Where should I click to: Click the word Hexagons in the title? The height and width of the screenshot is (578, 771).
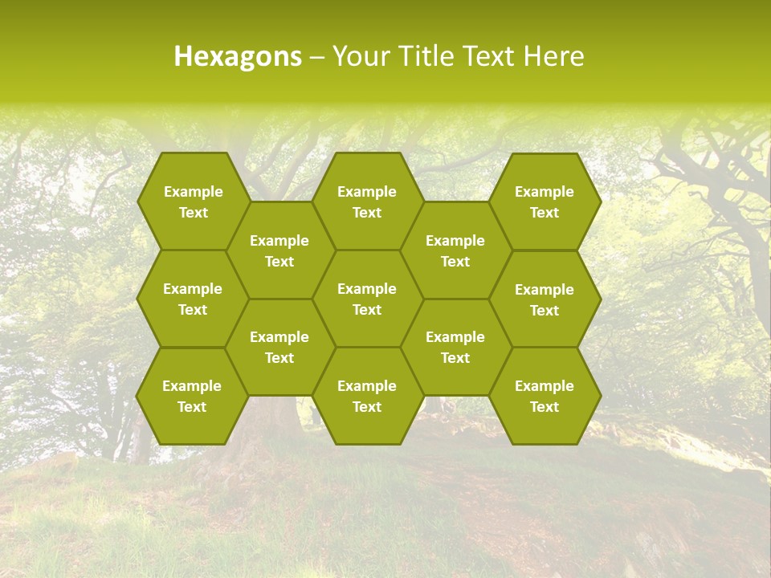point(238,56)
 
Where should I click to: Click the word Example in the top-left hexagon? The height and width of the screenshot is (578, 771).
point(193,192)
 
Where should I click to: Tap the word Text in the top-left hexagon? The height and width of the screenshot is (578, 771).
point(193,213)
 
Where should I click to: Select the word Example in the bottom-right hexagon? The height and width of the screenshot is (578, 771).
point(544,386)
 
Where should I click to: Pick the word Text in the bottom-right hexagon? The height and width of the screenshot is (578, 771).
point(544,407)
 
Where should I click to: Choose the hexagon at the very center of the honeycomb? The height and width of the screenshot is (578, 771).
point(367,299)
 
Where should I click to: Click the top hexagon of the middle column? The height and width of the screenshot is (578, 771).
point(367,201)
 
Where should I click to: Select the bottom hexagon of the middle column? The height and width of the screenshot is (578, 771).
point(367,397)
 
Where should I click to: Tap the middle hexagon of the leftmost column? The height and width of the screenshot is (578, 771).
point(193,299)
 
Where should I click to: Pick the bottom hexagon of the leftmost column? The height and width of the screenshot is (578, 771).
point(192,397)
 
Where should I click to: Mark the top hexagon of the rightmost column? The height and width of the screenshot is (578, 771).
point(544,201)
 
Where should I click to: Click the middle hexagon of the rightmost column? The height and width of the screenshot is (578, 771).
point(544,299)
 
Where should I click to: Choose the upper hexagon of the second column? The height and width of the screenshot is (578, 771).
point(279,250)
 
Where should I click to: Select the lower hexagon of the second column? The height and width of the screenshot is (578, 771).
point(279,347)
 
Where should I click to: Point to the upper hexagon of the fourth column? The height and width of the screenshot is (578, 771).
point(455,250)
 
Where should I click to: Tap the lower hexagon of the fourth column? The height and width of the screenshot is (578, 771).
point(455,347)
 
